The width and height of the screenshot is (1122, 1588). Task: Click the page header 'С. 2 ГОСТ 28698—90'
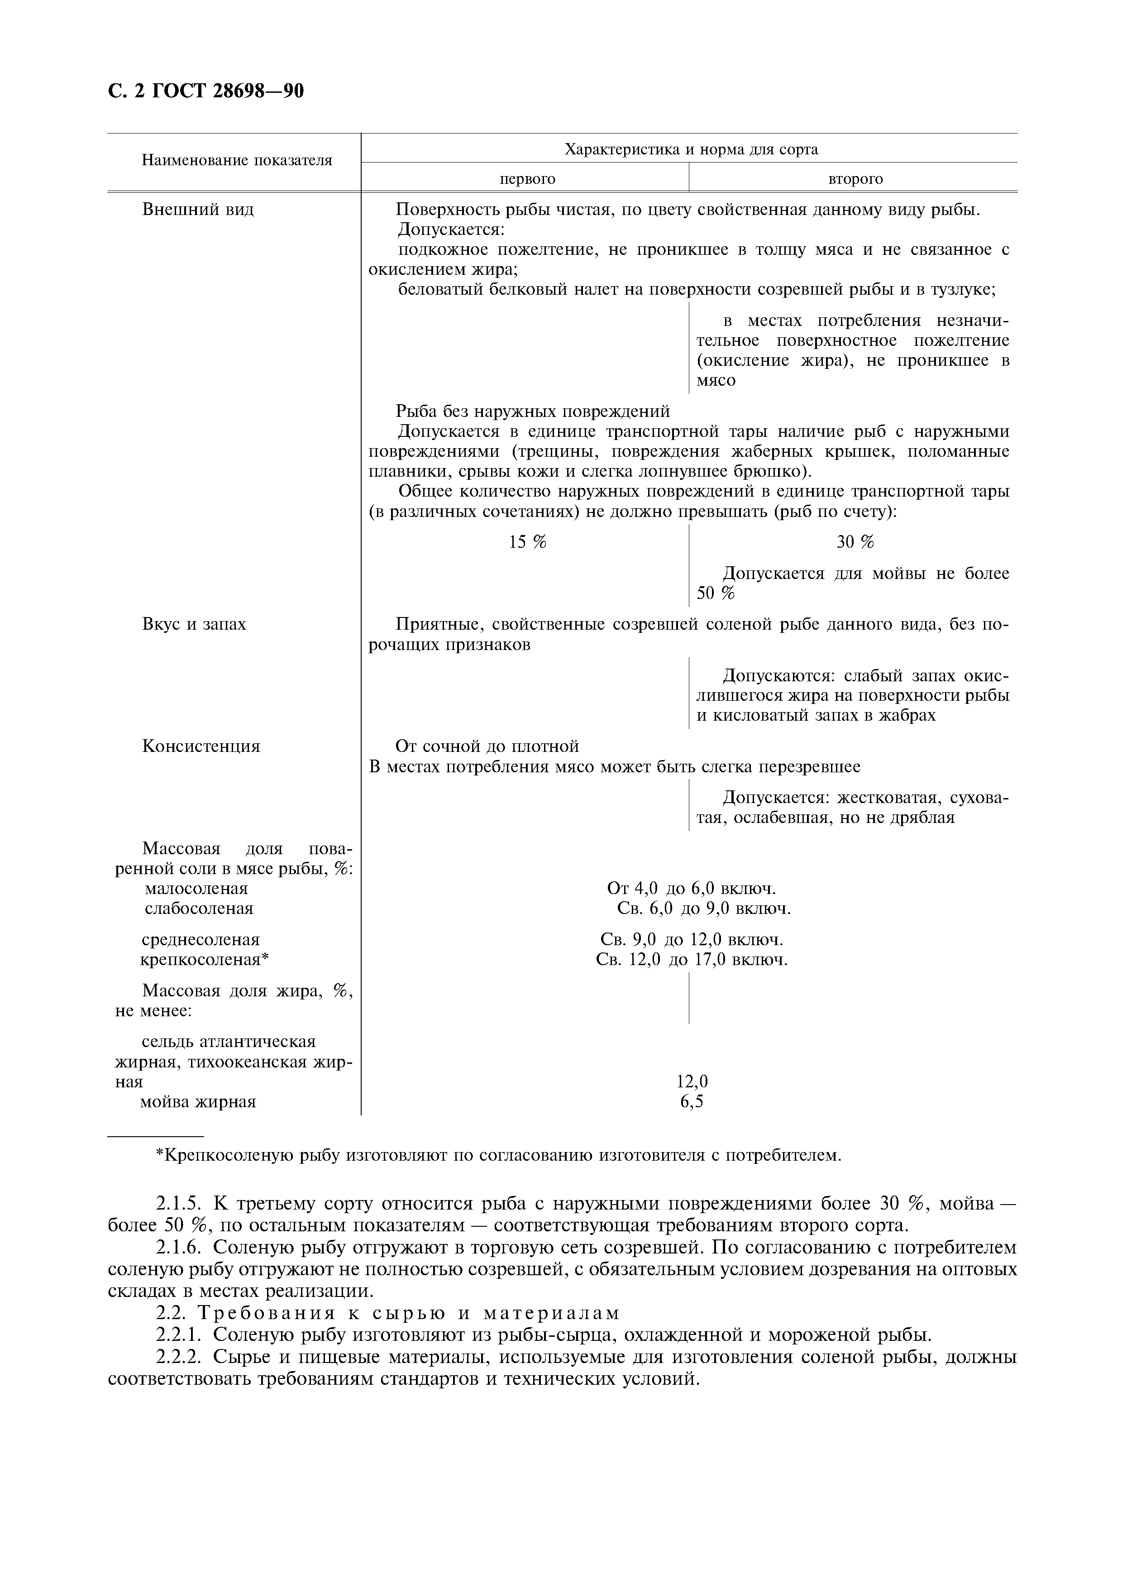206,92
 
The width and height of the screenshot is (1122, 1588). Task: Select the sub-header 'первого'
527,179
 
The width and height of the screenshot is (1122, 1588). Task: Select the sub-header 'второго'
855,179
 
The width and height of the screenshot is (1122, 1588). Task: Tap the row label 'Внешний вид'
198,210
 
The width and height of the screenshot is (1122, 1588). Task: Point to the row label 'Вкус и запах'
194,625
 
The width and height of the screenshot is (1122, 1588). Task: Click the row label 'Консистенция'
201,747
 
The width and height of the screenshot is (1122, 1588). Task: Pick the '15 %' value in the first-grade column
527,542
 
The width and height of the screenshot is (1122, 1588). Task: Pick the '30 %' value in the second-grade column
855,542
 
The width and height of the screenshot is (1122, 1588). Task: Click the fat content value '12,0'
692,1082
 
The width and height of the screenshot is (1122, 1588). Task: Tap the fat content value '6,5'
692,1102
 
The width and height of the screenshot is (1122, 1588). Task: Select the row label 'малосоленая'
196,889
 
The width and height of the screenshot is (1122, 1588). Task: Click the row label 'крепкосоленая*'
204,960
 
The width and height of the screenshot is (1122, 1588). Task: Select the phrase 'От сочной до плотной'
487,747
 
